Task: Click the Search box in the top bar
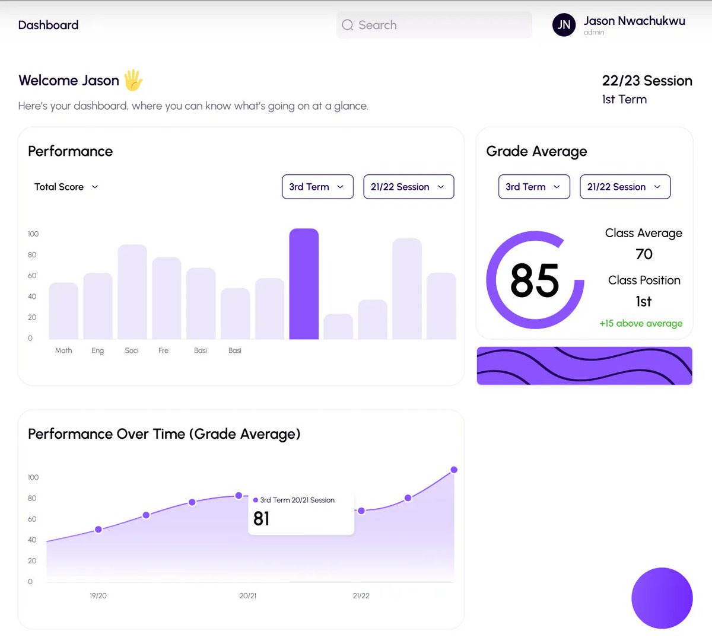(434, 25)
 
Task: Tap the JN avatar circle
(564, 25)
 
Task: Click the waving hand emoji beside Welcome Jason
(133, 80)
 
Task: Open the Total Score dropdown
(66, 187)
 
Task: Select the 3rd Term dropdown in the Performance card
(317, 187)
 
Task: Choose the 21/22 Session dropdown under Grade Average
(625, 187)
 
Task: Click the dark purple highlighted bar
(304, 284)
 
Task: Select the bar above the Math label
(63, 311)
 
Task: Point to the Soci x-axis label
(131, 350)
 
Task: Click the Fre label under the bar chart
(163, 350)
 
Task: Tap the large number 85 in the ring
(535, 280)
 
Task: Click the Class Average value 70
(644, 254)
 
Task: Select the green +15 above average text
(641, 323)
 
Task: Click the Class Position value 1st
(644, 301)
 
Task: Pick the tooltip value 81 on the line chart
(261, 518)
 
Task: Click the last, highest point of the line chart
(454, 470)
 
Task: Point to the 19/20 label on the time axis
(98, 596)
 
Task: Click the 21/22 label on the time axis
(361, 596)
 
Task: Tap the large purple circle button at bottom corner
(662, 598)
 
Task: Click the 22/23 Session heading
(647, 81)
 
